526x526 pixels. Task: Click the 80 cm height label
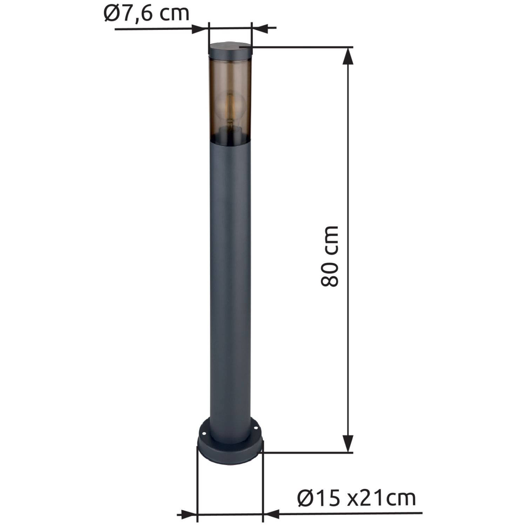(x=330, y=256)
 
